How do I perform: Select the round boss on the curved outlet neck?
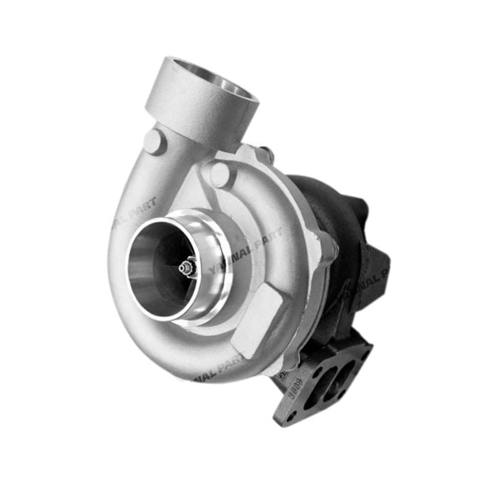154,141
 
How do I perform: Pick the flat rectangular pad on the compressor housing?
259,319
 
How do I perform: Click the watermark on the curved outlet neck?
134,209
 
